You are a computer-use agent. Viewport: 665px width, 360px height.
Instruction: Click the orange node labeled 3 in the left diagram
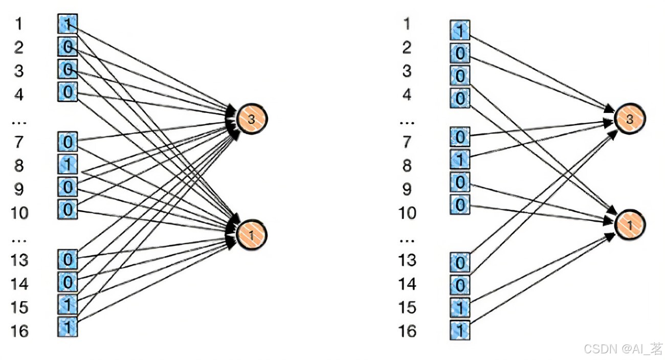coord(251,119)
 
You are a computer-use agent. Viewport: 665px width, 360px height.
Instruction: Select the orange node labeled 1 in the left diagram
coord(251,235)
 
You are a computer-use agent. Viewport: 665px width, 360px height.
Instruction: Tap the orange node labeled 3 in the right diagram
coord(630,119)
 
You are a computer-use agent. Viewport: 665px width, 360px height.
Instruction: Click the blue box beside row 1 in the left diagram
coord(68,24)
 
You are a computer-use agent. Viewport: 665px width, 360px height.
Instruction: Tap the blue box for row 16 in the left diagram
coord(68,327)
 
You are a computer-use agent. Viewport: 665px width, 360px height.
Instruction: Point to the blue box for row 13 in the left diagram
coord(68,260)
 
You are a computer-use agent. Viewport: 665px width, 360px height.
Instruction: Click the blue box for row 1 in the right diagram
coord(460,30)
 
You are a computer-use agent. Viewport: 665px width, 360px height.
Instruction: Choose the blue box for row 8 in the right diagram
coord(460,160)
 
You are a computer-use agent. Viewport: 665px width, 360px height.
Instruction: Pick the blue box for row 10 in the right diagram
coord(460,205)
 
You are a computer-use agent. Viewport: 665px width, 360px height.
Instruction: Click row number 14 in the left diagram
coord(19,283)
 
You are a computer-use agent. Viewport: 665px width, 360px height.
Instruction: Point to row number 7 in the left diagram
coord(19,142)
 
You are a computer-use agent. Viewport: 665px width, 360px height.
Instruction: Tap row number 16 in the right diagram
coord(407,331)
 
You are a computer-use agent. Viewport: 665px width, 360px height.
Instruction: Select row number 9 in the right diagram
coord(407,189)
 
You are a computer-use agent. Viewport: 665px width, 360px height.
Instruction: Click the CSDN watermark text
coord(622,349)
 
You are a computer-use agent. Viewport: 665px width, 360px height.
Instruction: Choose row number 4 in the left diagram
coord(19,94)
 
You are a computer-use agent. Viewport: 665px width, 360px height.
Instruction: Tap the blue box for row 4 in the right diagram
coord(460,98)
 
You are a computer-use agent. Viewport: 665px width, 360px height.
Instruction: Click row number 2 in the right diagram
coord(407,48)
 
